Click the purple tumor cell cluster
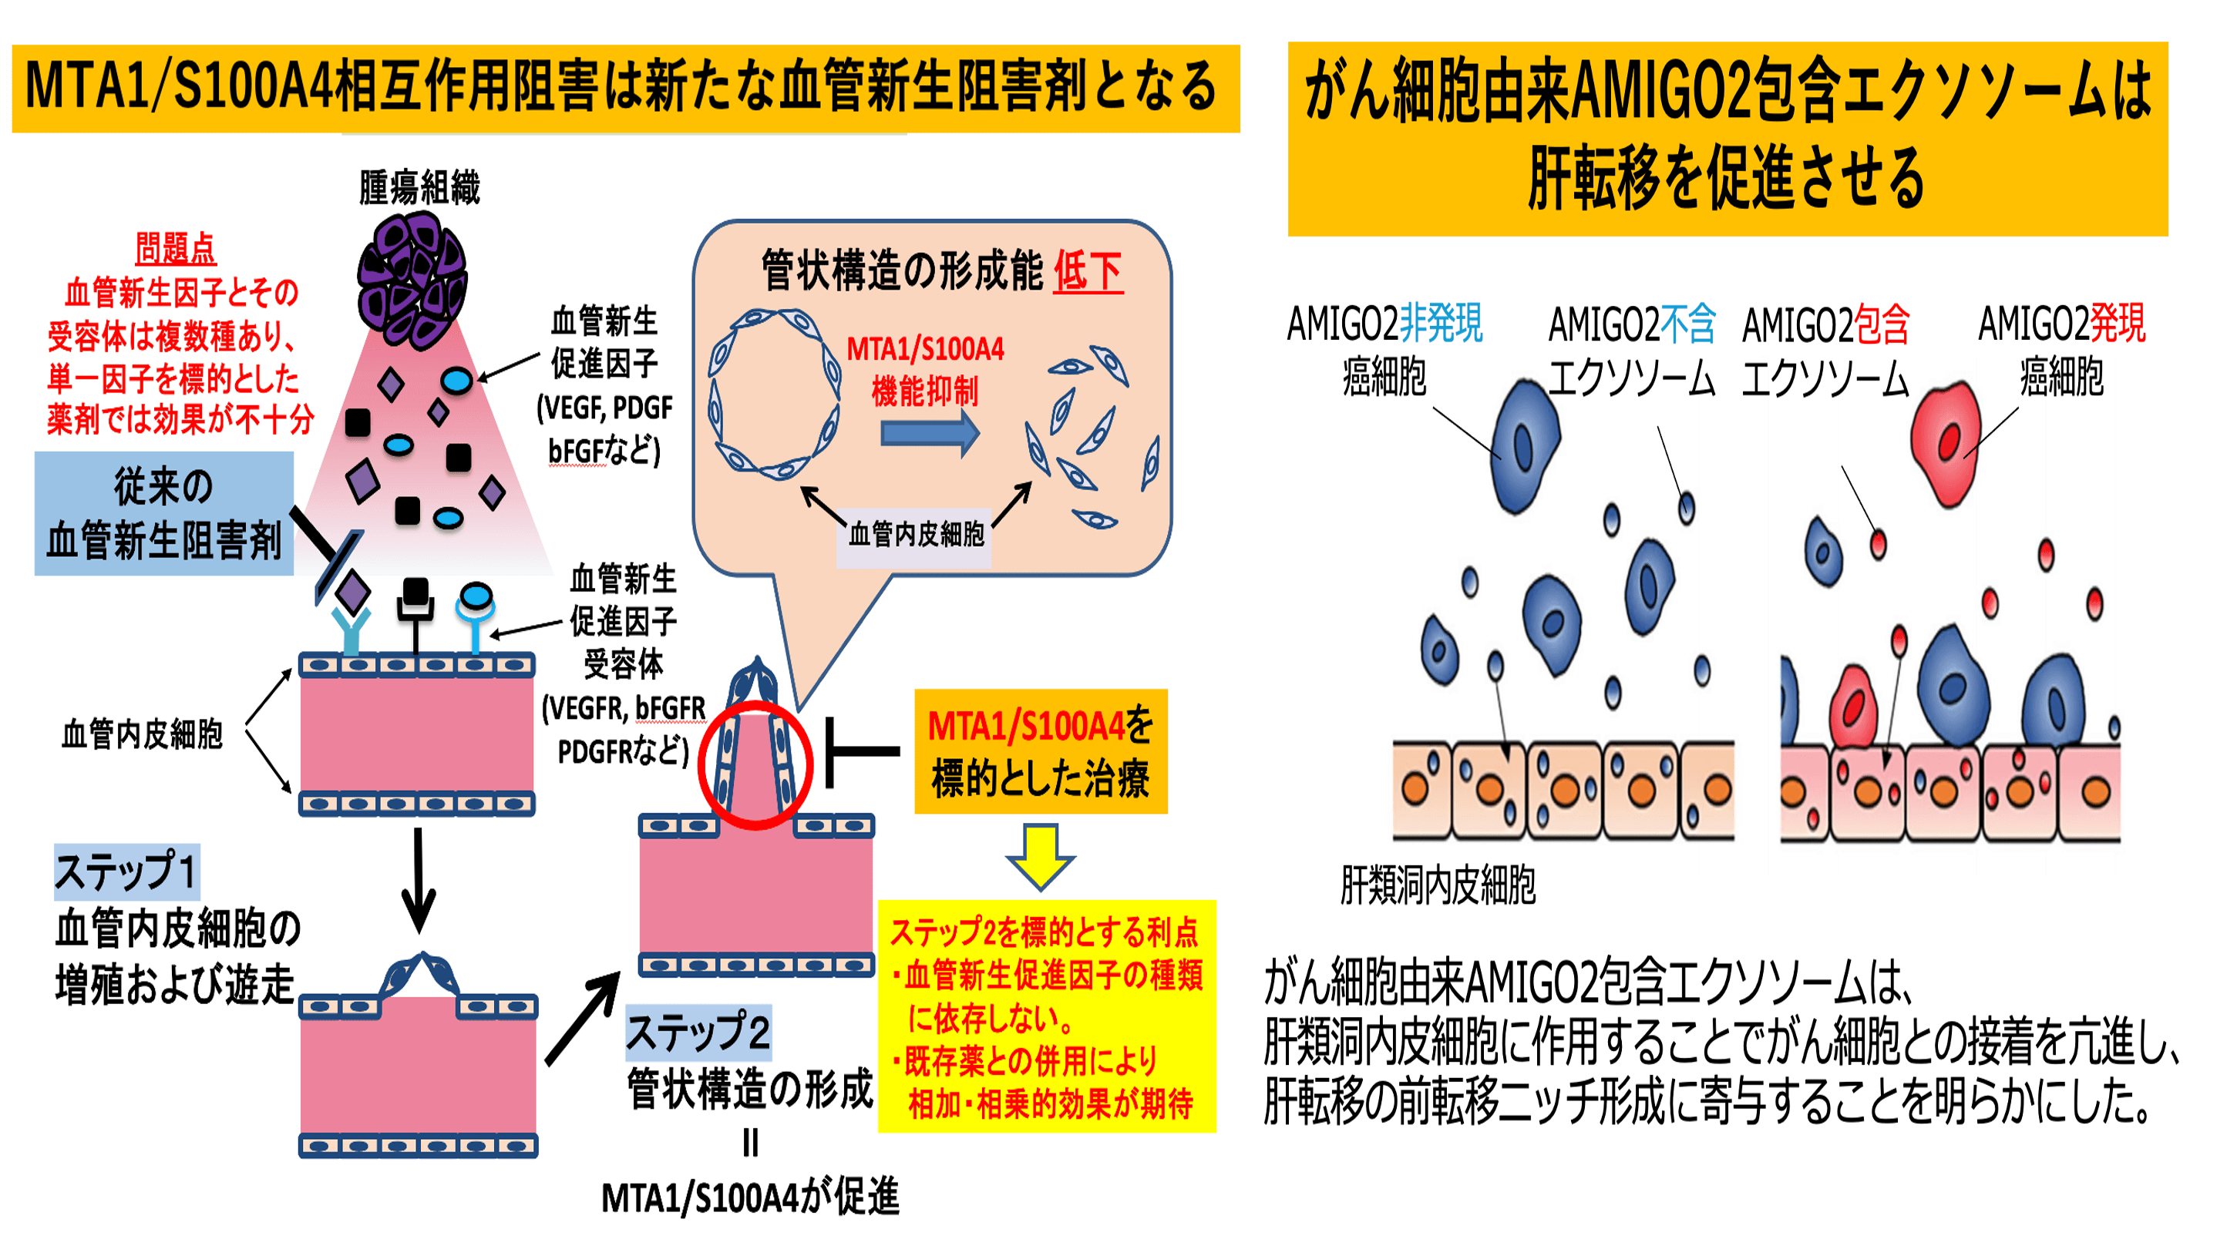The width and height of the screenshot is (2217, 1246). (x=413, y=280)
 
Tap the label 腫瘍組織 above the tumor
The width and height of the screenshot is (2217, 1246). (x=419, y=186)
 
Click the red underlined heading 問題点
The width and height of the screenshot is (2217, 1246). (x=176, y=249)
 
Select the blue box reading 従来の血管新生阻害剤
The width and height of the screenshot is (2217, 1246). (x=163, y=513)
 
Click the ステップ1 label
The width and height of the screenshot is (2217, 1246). (x=126, y=871)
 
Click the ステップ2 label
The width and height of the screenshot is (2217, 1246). (x=697, y=1032)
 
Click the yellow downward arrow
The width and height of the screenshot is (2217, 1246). (x=1040, y=856)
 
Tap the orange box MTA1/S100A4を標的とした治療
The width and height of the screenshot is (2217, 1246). (x=1041, y=751)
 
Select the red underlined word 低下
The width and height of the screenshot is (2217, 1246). (x=1088, y=272)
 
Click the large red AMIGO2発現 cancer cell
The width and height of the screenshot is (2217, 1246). (x=1946, y=442)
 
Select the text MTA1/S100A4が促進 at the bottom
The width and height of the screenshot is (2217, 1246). (x=751, y=1197)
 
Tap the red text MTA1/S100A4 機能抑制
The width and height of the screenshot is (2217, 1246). (x=925, y=371)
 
